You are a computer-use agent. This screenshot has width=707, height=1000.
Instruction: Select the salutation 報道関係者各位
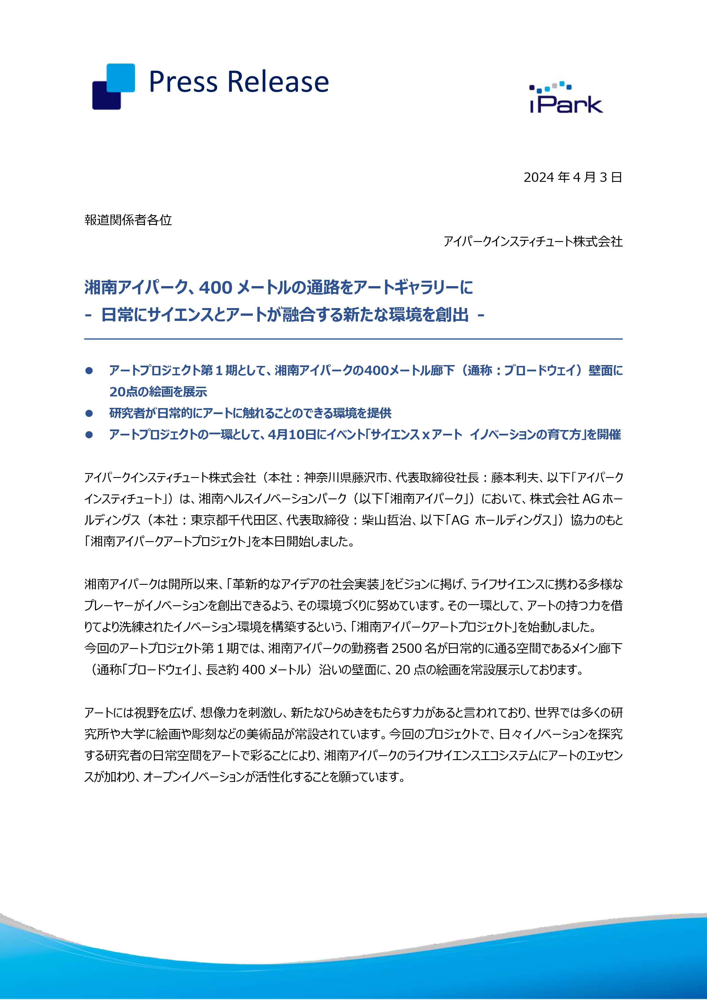coord(128,220)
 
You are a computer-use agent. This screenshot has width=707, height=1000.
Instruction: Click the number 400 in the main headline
coord(216,288)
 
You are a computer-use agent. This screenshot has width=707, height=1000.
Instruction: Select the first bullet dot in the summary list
coord(89,371)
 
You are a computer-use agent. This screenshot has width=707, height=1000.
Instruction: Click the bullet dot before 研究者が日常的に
coord(89,413)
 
